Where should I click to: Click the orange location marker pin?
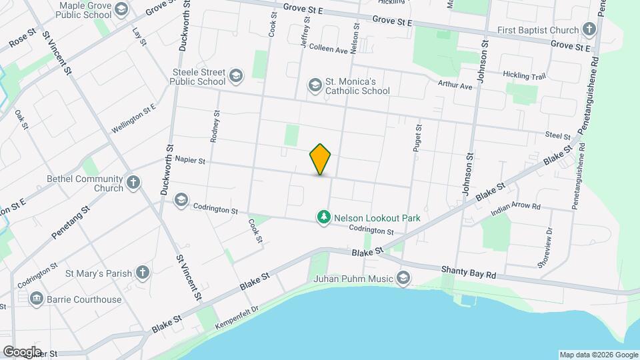pyautogui.click(x=321, y=159)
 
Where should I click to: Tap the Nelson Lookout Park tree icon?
pyautogui.click(x=324, y=217)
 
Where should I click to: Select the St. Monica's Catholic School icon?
pyautogui.click(x=315, y=85)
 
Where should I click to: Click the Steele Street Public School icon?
pyautogui.click(x=235, y=76)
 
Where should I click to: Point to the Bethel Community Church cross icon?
pyautogui.click(x=133, y=182)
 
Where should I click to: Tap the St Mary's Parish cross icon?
pyautogui.click(x=142, y=272)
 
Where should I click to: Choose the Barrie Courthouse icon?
pyautogui.click(x=37, y=299)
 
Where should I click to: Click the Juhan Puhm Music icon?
pyautogui.click(x=403, y=277)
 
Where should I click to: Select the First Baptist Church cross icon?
pyautogui.click(x=588, y=29)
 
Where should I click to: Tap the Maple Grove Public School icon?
pyautogui.click(x=121, y=9)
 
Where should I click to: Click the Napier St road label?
pyautogui.click(x=190, y=160)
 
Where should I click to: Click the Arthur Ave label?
pyautogui.click(x=455, y=86)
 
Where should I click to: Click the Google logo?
pyautogui.click(x=22, y=351)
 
